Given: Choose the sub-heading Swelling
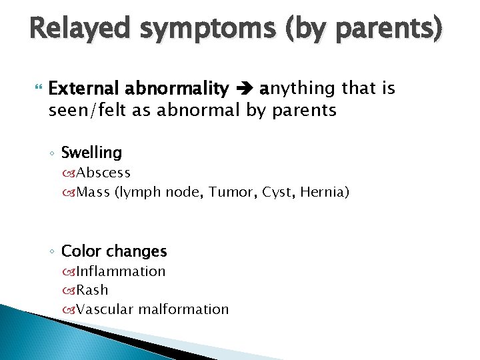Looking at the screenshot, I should click(x=91, y=153).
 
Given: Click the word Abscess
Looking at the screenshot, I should click(x=103, y=173).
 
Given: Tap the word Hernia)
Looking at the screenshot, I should click(x=325, y=193).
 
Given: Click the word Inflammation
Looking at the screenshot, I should click(x=121, y=271).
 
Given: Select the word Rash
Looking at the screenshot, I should click(x=92, y=290).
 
